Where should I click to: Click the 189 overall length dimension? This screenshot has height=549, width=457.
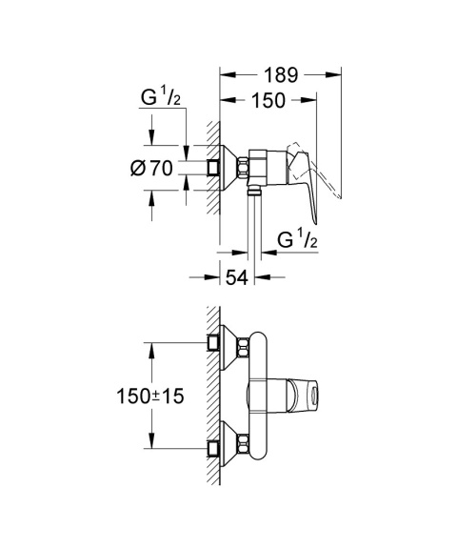pyautogui.click(x=282, y=75)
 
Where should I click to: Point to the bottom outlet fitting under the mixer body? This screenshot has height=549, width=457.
pyautogui.click(x=254, y=192)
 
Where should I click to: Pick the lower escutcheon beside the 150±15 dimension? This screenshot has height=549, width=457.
pyautogui.click(x=227, y=444)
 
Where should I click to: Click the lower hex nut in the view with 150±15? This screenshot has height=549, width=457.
pyautogui.click(x=245, y=444)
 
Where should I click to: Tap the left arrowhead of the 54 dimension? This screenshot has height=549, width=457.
pyautogui.click(x=215, y=276)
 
